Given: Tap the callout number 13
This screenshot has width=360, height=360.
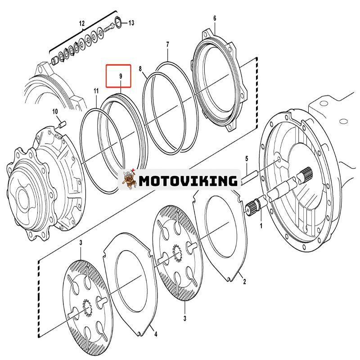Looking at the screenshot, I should [x=131, y=22].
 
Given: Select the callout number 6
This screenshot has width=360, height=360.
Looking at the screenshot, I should [x=215, y=18].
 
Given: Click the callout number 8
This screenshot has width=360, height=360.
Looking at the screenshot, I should [x=140, y=69].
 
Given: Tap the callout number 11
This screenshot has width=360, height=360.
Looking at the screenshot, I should [x=96, y=91].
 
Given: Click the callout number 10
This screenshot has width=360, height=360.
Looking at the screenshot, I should [x=55, y=111].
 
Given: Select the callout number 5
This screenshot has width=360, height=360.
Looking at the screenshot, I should [x=247, y=158].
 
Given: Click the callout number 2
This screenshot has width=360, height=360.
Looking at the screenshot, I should [x=244, y=282].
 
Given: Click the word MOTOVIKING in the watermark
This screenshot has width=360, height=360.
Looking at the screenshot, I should [x=188, y=181].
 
